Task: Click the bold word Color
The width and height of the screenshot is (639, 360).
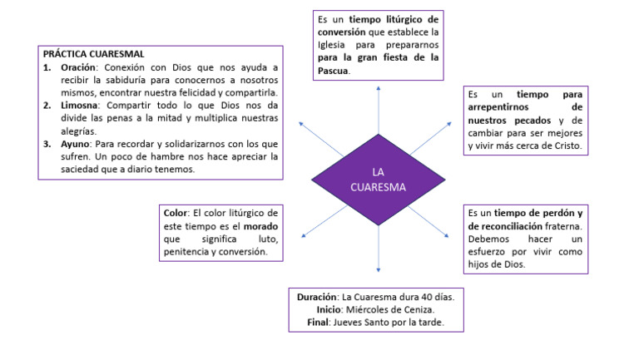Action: coord(176,214)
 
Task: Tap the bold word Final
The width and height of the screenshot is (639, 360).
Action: coord(320,323)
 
